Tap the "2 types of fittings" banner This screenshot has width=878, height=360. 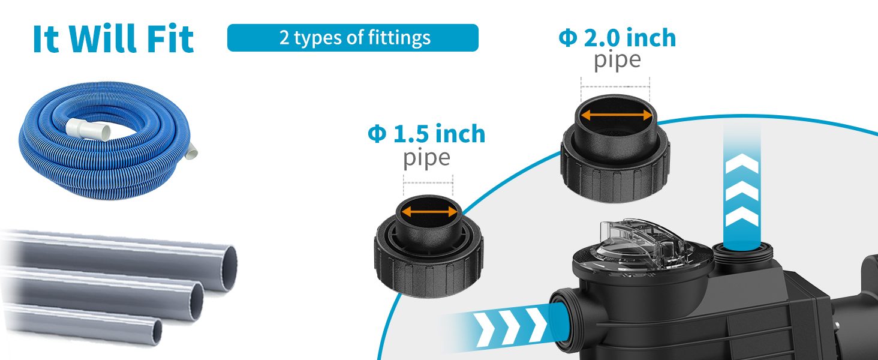(x=353, y=38)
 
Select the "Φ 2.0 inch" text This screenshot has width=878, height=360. (x=617, y=38)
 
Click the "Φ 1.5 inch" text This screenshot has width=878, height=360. (x=426, y=134)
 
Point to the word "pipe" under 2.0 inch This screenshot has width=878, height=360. (x=617, y=61)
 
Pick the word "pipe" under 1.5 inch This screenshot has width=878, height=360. (x=426, y=158)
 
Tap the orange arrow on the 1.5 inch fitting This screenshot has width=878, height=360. (x=429, y=211)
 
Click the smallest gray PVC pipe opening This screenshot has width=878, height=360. (x=157, y=332)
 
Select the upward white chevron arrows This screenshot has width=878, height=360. (x=742, y=192)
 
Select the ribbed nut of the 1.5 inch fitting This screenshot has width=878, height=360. (x=428, y=265)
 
